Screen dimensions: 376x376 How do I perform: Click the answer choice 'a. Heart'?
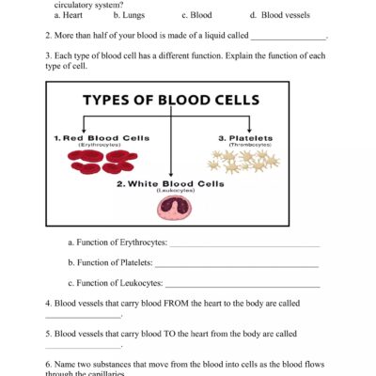coord(69,15)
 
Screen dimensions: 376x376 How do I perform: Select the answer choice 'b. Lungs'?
coord(128,15)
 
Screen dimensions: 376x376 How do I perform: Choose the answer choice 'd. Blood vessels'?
coord(273,15)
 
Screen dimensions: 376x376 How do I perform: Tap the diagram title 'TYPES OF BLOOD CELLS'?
coord(169,99)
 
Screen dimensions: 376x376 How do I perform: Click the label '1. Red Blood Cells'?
coord(93,138)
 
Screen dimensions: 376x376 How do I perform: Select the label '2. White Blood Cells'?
coord(170,183)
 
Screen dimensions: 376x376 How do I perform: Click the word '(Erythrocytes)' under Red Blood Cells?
coord(94,146)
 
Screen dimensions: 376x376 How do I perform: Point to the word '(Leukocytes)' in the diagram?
coord(170,191)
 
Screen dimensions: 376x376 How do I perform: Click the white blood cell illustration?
coord(170,211)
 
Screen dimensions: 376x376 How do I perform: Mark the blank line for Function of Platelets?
coord(237,265)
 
